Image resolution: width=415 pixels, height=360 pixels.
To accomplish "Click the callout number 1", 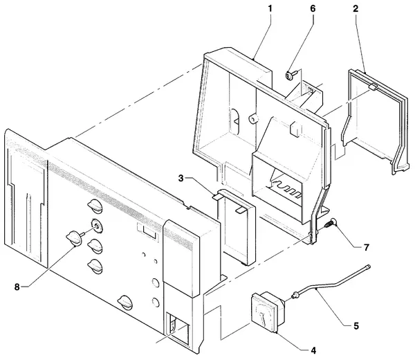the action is pos(270,9).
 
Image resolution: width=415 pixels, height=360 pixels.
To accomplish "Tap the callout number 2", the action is pos(356,9).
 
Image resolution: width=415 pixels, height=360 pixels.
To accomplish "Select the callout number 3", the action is pos(181,179).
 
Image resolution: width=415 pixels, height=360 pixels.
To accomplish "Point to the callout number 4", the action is pos(313,350).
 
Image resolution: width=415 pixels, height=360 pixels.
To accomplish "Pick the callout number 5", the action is pos(356,326).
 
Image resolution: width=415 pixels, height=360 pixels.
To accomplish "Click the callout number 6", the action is pos(313,9).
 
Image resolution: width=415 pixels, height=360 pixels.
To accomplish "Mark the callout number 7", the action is pos(367,247).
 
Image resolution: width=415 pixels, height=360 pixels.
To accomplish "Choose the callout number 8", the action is pos(17,287).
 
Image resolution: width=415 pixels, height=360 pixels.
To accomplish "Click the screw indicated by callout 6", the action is pos(289,75).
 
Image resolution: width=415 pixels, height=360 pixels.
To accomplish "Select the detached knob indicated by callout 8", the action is pos(73,237).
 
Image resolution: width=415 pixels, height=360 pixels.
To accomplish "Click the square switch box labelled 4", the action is pos(267,312).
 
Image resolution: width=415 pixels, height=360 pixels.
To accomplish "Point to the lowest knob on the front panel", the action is pos(125,302).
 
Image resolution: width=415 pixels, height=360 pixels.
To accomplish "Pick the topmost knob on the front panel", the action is pos(95,206).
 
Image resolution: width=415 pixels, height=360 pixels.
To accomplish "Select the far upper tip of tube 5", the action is pos(369,266).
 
